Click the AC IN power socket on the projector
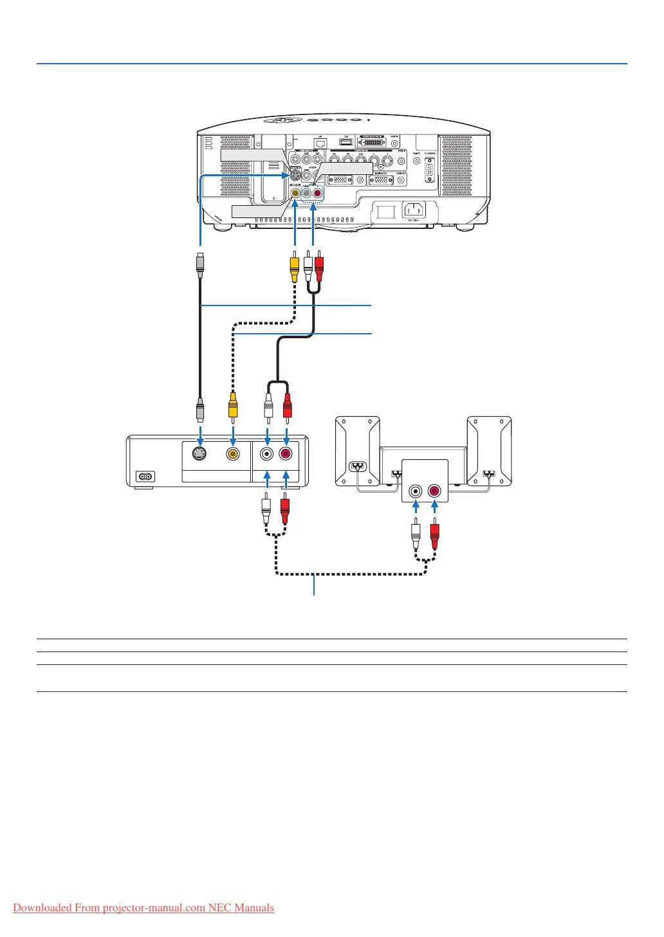413,210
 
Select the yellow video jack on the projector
295,192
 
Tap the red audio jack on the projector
317,192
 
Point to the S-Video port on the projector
294,174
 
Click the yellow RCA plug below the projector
294,268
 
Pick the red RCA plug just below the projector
319,268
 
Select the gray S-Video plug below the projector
201,264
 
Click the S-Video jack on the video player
200,453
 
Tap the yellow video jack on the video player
232,453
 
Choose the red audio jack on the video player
286,453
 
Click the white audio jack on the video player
266,453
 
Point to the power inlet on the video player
145,477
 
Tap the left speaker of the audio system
357,450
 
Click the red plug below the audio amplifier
434,534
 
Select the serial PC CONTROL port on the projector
430,170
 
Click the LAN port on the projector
320,143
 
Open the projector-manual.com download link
143,907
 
